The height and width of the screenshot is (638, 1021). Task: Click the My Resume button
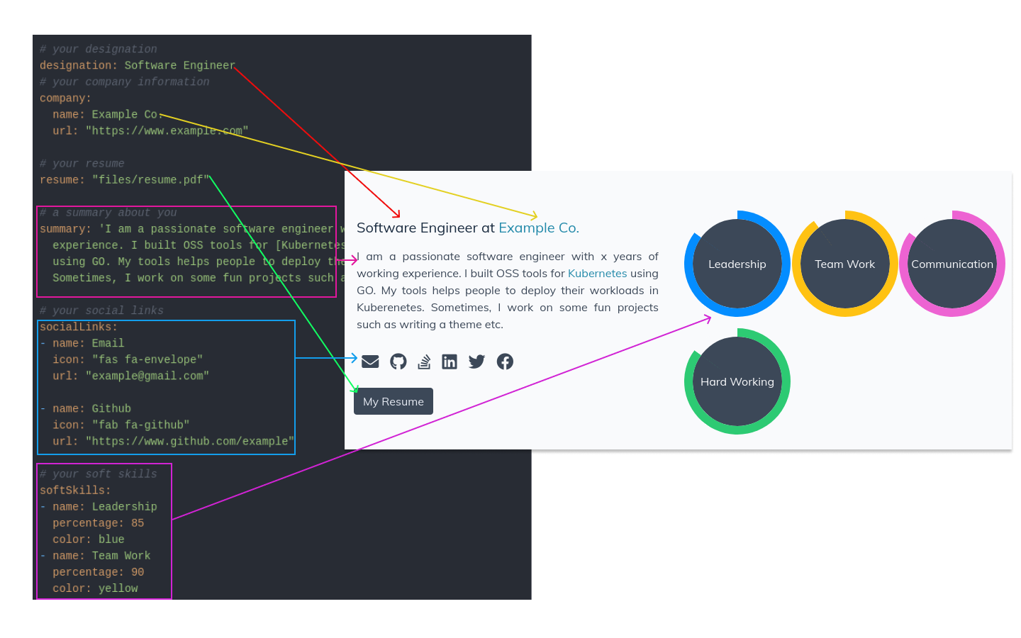[394, 401]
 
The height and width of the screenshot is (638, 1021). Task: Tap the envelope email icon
[370, 362]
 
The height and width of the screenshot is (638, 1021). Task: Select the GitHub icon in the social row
[398, 362]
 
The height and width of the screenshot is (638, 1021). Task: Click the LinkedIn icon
[450, 362]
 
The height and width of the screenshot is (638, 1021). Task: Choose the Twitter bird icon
[476, 362]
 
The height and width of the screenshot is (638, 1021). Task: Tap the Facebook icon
[505, 362]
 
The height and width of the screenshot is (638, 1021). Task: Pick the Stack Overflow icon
[424, 362]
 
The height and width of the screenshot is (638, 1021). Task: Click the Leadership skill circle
[737, 264]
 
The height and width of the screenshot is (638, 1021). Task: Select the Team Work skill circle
[845, 264]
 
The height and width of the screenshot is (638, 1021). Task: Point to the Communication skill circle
[952, 264]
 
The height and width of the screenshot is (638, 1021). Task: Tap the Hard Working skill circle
[737, 381]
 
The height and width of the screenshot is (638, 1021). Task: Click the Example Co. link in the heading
[539, 228]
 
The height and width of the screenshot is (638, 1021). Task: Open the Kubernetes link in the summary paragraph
[597, 273]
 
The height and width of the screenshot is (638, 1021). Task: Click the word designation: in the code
[79, 65]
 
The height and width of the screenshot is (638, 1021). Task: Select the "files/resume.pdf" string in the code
[150, 180]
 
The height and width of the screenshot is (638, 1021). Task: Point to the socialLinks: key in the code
[79, 327]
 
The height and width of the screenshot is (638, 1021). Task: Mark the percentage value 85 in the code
[138, 523]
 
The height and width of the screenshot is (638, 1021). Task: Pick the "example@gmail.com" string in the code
[147, 376]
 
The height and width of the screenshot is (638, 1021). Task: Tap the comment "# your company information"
[125, 82]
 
